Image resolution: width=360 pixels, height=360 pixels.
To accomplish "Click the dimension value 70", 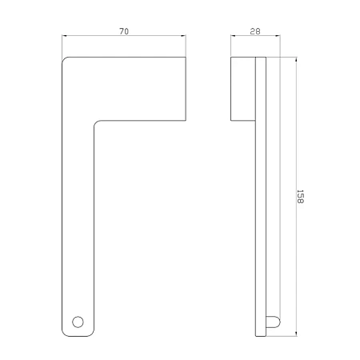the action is coord(124,31).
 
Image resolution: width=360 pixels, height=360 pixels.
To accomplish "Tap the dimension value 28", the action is coord(255,31).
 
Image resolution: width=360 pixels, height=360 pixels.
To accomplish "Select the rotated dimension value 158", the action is coord(300,197).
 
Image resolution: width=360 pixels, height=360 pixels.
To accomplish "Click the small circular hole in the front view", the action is coord(78,322).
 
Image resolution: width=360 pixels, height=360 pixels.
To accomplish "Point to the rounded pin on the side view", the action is coord(273,322).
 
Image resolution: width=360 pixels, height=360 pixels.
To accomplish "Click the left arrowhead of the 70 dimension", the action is coord(64,35).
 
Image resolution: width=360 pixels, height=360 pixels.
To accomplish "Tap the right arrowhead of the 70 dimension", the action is coord(183,35).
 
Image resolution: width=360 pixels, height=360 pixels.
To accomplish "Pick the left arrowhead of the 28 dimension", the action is coord(233,35).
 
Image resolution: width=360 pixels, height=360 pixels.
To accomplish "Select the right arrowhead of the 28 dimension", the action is coord(278,35).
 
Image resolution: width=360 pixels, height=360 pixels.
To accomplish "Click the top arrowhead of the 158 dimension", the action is coord(296,59).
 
